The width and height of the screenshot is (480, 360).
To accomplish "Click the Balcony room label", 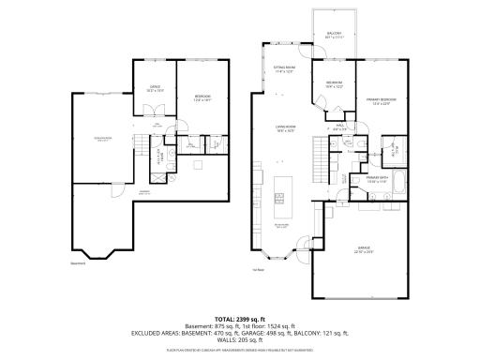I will pos(335,35).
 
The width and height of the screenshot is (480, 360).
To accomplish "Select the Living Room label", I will pos(284,129).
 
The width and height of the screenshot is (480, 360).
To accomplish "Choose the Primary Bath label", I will pos(378,178).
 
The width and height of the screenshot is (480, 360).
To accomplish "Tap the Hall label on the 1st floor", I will pos(339,127).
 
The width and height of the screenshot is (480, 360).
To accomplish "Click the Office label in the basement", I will pos(155,88).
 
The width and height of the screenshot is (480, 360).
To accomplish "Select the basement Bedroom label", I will pos(202,97).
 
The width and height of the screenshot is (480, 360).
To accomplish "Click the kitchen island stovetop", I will pos(278,198).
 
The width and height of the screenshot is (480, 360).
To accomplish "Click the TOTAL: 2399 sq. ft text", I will pos(240,320).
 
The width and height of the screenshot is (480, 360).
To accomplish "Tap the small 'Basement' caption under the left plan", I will pos(79,263).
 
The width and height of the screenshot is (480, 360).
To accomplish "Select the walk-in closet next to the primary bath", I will pos(393,149).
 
